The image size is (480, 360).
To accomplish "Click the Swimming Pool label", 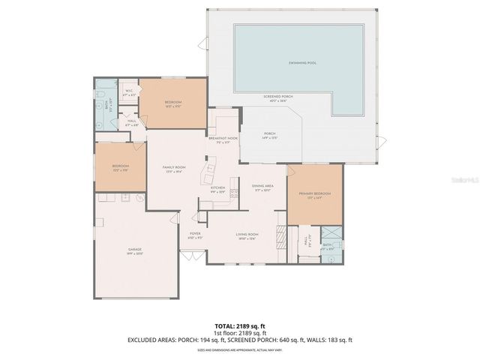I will point(301,63).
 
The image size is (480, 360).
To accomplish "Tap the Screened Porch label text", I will point(277,97).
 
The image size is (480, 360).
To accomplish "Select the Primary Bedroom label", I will point(315,193).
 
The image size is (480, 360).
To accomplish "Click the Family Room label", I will point(174,168).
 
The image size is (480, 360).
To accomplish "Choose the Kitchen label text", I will point(217,187).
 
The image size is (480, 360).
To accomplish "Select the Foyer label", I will point(194,235).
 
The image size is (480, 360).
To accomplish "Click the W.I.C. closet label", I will point(129,92).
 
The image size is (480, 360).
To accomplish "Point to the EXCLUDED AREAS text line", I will point(240,340).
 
